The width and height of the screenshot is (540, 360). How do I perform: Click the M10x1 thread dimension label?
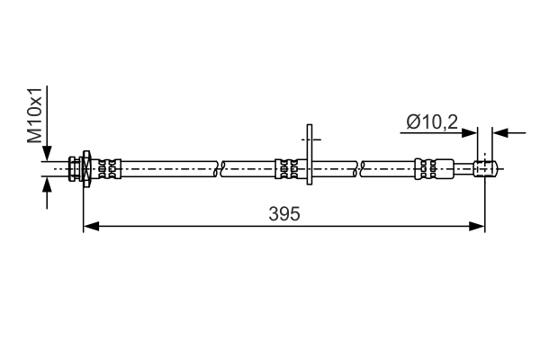point(34,115)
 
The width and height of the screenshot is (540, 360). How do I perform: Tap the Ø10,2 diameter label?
point(432,122)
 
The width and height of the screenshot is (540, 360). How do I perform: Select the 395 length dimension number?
point(284,213)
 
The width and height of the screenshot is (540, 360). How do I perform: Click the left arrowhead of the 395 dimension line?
point(91,226)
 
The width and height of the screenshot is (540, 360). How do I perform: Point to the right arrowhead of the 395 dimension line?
point(477,226)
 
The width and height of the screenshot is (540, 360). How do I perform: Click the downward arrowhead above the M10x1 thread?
point(47,153)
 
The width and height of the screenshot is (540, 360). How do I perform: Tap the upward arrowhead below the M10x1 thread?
point(47,184)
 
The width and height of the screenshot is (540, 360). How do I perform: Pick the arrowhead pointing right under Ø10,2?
point(470,132)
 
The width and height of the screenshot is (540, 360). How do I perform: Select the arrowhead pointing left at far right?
point(500,132)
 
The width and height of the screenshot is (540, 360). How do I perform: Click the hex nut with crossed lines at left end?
point(86,168)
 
